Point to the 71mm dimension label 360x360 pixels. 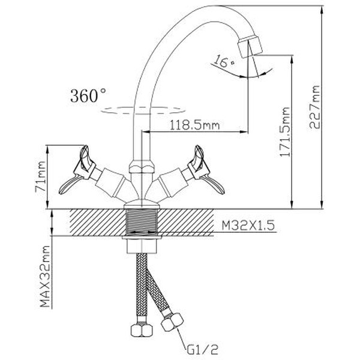point(41,173)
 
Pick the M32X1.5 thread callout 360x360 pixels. point(245,226)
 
